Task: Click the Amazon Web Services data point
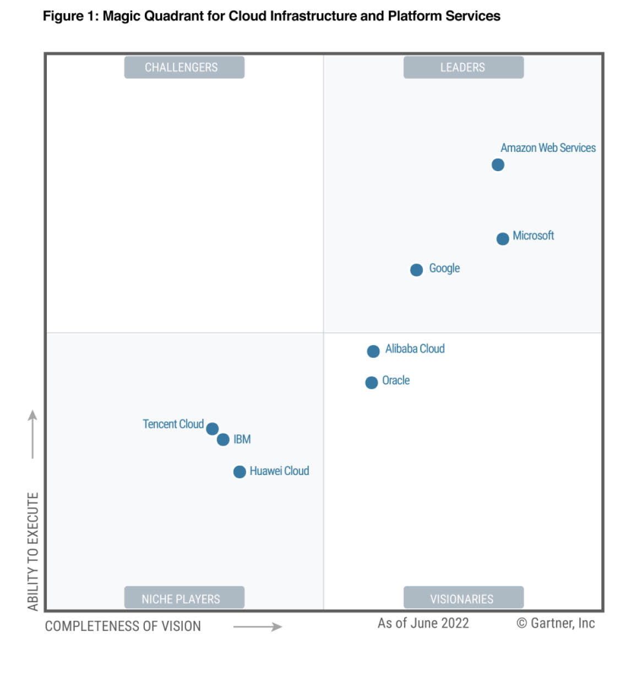point(498,165)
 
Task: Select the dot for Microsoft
point(503,239)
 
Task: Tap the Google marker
point(417,270)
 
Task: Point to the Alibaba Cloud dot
point(373,351)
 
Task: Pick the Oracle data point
point(372,383)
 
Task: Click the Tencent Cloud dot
point(213,429)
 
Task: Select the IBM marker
point(223,440)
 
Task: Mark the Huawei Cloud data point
point(240,472)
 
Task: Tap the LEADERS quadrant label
point(463,67)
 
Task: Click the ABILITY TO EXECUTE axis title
point(33,551)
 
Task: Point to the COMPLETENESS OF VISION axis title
point(123,626)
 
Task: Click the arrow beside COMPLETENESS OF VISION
point(258,626)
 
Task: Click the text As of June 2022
point(423,623)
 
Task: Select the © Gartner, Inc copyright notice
point(556,623)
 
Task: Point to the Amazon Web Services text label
point(548,148)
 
